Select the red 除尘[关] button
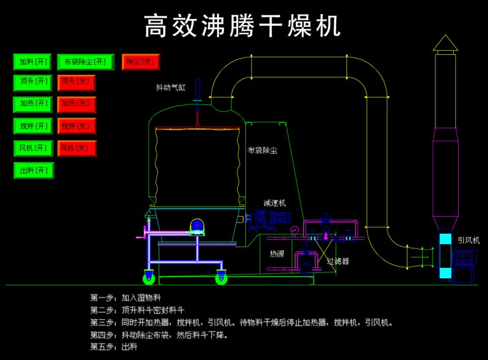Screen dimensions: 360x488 click(x=140, y=61)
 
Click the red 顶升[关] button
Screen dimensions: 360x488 click(x=77, y=82)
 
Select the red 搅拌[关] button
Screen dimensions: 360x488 click(x=77, y=126)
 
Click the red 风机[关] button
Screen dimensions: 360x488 click(x=77, y=148)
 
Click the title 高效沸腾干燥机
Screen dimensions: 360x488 click(x=243, y=26)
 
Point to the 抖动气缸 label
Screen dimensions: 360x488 click(x=171, y=88)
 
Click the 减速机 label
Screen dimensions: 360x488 click(x=274, y=203)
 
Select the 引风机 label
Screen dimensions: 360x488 click(x=468, y=240)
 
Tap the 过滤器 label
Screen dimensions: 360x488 click(x=338, y=261)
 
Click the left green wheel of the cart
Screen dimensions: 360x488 click(x=148, y=279)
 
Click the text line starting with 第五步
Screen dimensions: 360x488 click(x=114, y=347)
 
